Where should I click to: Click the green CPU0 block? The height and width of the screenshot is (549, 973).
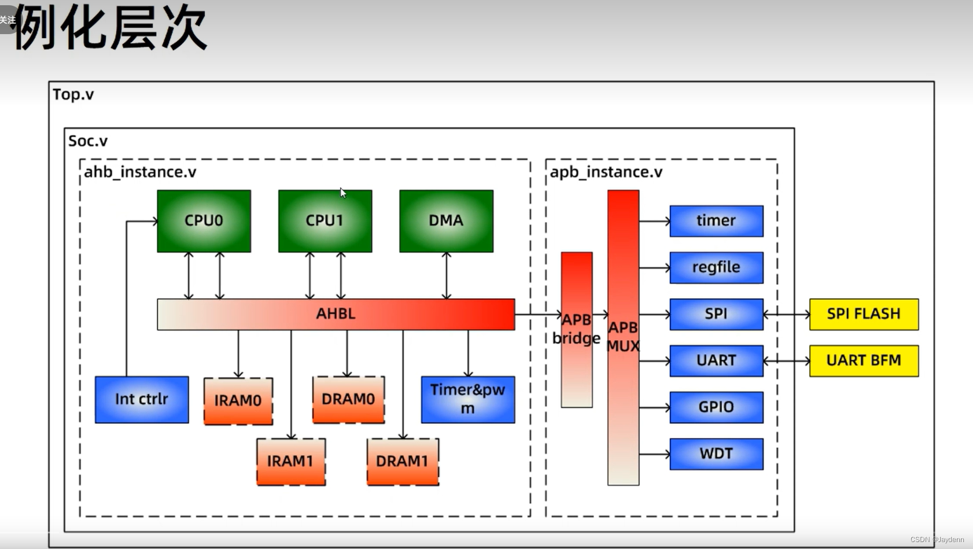click(x=204, y=221)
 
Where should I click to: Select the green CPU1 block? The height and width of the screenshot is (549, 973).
click(x=325, y=221)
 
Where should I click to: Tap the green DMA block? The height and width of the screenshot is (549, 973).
click(x=446, y=221)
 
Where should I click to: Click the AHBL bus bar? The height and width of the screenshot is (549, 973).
click(x=336, y=314)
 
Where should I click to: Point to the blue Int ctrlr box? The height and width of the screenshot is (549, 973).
click(x=142, y=399)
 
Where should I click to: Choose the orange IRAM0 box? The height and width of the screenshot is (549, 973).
click(x=238, y=401)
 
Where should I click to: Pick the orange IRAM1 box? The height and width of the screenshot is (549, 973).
click(x=290, y=462)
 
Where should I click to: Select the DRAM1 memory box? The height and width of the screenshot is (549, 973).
click(x=403, y=462)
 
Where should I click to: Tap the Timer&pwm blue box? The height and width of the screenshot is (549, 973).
click(x=467, y=399)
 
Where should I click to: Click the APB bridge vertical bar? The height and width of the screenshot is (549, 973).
click(x=576, y=330)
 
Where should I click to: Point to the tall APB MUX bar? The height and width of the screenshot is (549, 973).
click(x=623, y=337)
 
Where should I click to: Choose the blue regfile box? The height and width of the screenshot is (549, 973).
click(x=716, y=267)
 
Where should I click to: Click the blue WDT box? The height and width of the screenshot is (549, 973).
click(x=716, y=454)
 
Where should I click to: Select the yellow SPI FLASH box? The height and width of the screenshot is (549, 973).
click(x=864, y=314)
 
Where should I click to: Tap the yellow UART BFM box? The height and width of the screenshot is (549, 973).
click(x=864, y=361)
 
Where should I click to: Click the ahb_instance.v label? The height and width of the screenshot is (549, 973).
click(x=141, y=172)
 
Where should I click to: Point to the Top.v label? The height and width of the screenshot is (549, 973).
click(x=73, y=94)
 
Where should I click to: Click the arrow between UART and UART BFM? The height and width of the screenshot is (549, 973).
click(x=786, y=361)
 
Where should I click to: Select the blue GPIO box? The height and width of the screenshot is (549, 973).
click(x=716, y=407)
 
